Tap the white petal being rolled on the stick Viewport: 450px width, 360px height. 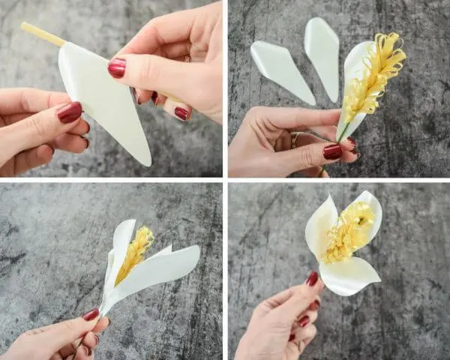105,105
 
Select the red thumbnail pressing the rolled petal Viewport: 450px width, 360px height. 117,68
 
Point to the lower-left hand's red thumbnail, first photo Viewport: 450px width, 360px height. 70,112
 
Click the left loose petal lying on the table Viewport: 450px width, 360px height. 280,69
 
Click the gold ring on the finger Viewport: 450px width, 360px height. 295,139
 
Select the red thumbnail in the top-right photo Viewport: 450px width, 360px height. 332,151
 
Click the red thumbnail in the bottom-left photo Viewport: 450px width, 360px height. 91,314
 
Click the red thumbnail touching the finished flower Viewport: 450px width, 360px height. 312,279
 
